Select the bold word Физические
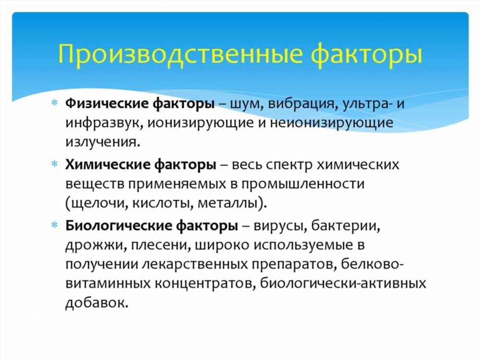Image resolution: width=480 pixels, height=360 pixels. pos(107,104)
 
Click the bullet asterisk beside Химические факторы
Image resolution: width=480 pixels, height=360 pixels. pos(55,164)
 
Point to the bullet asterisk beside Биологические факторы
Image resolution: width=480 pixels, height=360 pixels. pos(55,226)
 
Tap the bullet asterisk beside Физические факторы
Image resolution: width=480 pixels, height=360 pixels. pos(55,103)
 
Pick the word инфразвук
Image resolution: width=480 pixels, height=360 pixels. pos(104,123)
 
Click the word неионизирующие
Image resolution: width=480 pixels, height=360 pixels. pos(332,123)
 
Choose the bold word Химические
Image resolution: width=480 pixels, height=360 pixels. pos(108,165)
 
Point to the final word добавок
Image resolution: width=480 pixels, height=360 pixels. pos(96,303)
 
